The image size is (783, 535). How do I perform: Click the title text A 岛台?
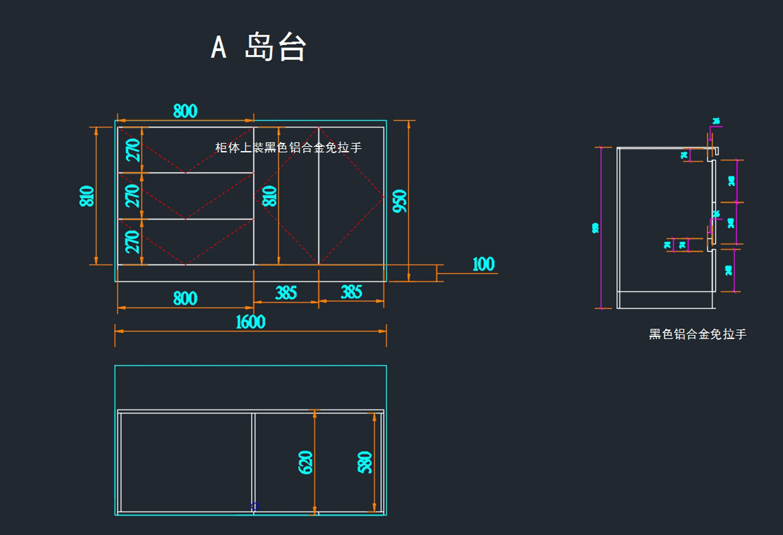tap(258, 47)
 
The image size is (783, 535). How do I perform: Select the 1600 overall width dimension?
tap(251, 321)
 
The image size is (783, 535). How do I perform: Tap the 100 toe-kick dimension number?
tap(484, 264)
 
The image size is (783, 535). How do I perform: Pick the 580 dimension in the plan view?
tap(365, 462)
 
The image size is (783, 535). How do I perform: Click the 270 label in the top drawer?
tap(132, 150)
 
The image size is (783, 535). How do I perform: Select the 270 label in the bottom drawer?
tap(132, 241)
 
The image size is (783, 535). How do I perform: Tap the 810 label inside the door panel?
tap(269, 196)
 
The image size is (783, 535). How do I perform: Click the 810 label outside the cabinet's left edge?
tap(87, 196)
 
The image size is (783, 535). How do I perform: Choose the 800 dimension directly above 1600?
tap(185, 298)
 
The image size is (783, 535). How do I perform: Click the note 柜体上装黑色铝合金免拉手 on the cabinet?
tap(288, 148)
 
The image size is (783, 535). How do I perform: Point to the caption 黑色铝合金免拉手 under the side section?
tap(698, 334)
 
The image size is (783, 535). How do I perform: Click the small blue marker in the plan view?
tap(255, 506)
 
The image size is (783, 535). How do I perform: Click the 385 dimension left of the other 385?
tap(286, 293)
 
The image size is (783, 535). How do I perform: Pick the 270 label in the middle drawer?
tap(132, 195)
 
